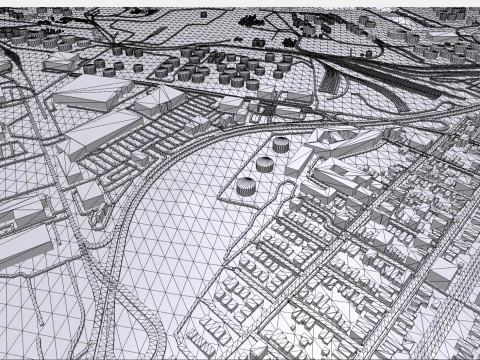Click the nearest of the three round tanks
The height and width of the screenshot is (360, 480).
pos(245,186)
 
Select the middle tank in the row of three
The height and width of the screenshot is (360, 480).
pos(265,163)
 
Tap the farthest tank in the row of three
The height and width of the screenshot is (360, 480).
pos(281,145)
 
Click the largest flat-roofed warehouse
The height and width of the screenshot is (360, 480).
pos(96,91)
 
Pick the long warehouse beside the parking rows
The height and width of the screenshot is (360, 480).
pos(100,132)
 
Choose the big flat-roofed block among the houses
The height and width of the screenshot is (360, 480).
pos(340,180)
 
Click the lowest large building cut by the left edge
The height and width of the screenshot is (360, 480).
pos(22,245)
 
